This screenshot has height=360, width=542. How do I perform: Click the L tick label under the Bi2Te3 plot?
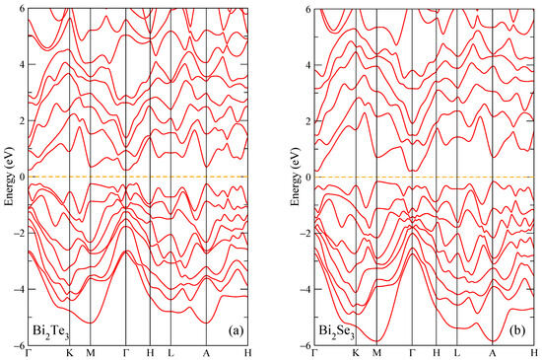(x=170, y=354)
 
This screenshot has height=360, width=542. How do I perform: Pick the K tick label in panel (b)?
(x=356, y=354)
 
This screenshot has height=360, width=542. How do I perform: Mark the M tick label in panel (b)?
(x=376, y=354)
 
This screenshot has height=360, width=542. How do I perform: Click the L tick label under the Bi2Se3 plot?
(x=456, y=354)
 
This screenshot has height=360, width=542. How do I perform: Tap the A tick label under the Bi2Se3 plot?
(x=493, y=354)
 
